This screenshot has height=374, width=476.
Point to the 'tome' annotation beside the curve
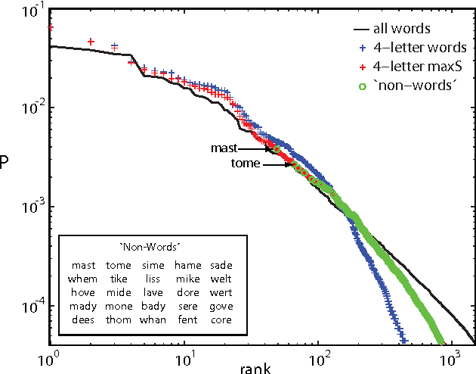tap(245, 164)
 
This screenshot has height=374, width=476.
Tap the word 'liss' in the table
tap(152, 279)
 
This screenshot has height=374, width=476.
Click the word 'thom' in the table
tap(117, 319)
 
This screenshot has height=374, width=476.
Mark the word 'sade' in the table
tap(221, 265)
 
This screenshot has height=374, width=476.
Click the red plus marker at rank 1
tap(50, 28)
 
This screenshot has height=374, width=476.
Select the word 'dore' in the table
tap(187, 292)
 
